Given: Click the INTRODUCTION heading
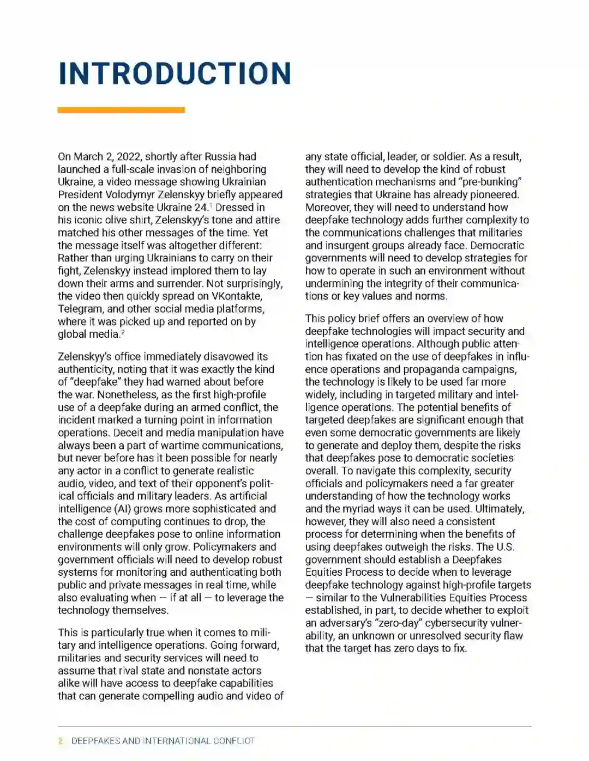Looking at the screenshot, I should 175,74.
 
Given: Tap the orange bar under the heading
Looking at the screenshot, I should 121,110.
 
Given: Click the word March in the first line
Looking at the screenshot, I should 88,157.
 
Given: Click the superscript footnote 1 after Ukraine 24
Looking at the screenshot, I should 210,205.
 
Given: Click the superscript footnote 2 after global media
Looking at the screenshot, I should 123,332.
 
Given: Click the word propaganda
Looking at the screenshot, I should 442,369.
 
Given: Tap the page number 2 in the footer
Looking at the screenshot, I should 61,741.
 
